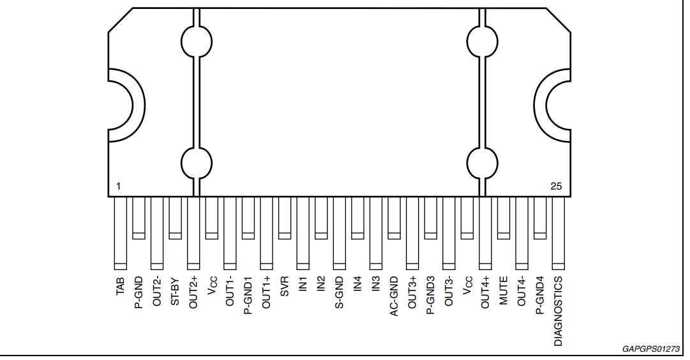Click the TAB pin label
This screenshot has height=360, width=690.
click(x=120, y=286)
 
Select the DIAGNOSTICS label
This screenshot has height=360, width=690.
click(x=558, y=311)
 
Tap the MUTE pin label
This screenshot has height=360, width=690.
click(x=504, y=290)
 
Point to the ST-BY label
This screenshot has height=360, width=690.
click(x=175, y=291)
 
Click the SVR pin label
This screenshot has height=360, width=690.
click(x=285, y=287)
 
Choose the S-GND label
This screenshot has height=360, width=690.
click(x=340, y=293)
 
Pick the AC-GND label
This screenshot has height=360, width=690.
click(x=394, y=296)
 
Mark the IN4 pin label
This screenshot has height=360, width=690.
click(x=357, y=284)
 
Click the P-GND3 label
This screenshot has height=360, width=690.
click(x=430, y=296)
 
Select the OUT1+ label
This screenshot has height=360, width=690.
click(x=266, y=293)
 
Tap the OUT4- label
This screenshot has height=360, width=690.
click(x=521, y=291)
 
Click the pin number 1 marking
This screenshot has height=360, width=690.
click(x=118, y=186)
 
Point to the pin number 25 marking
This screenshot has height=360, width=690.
click(x=556, y=186)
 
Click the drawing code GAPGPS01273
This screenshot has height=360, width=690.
click(x=651, y=349)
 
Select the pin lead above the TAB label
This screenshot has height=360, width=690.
click(x=121, y=233)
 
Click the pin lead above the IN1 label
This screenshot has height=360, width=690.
click(x=303, y=233)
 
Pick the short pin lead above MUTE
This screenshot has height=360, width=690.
click(x=504, y=218)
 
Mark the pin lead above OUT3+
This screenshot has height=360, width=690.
click(x=412, y=233)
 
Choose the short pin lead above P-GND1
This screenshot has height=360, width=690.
click(x=248, y=218)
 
